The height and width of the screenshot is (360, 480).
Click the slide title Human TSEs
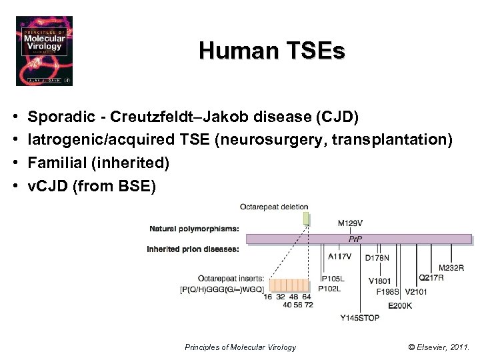(x=271, y=51)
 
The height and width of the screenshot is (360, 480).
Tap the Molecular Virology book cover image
(x=44, y=51)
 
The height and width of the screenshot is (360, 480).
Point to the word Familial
(x=55, y=162)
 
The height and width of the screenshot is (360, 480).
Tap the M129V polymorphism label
(x=351, y=223)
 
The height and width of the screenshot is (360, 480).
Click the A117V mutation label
(x=341, y=255)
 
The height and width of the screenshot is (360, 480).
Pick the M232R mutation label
(x=451, y=267)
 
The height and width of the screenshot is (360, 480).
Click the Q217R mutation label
(x=431, y=277)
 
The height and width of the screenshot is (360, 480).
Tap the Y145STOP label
(x=359, y=317)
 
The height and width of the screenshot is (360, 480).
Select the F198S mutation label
(x=387, y=291)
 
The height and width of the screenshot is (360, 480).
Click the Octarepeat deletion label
(x=275, y=207)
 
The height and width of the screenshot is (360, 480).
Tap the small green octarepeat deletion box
(x=306, y=218)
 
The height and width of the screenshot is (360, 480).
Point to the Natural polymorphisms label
(x=194, y=229)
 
